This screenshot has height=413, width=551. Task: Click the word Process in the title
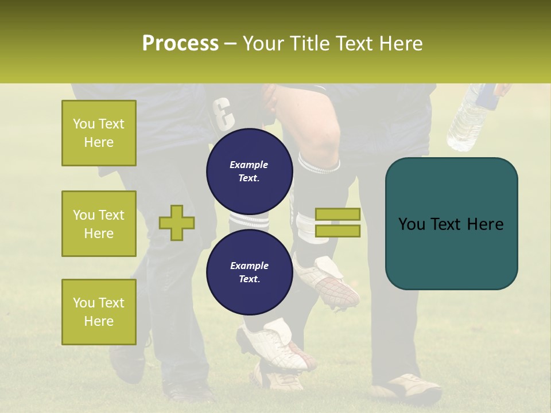pos(180,43)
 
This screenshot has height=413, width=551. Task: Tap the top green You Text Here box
pos(99,133)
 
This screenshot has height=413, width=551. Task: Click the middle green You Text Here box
pos(99,224)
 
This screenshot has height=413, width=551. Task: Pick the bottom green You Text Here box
pos(99,312)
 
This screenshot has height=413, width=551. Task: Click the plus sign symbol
pos(177,223)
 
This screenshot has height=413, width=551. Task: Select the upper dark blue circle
pos(250,171)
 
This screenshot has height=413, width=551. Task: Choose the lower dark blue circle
pos(250,272)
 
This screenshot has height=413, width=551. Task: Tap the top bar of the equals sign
pos(337,214)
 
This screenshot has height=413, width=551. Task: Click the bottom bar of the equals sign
pos(337,231)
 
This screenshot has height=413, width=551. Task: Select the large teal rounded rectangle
pos(451,224)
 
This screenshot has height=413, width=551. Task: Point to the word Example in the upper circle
pos(249,165)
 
